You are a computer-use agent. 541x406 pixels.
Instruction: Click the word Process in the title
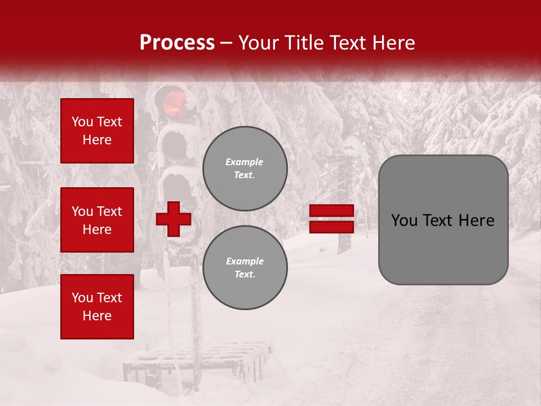pyautogui.click(x=177, y=43)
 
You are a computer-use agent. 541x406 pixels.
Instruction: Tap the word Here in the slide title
pyautogui.click(x=392, y=43)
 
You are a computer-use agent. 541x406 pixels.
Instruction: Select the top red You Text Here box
pyautogui.click(x=97, y=131)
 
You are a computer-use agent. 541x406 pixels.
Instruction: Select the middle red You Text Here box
pyautogui.click(x=97, y=220)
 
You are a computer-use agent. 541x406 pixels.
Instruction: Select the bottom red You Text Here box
pyautogui.click(x=97, y=306)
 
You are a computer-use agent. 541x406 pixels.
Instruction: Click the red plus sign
pyautogui.click(x=174, y=219)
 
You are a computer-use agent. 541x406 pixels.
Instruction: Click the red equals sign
pyautogui.click(x=331, y=219)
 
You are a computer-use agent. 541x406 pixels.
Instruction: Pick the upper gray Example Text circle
pyautogui.click(x=245, y=168)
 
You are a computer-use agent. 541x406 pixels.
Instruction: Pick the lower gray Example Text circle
pyautogui.click(x=245, y=267)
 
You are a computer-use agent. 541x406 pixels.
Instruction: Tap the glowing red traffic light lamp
pyautogui.click(x=175, y=102)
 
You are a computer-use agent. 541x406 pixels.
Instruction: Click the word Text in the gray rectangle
pyautogui.click(x=436, y=220)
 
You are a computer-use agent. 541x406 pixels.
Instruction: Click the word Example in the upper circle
pyautogui.click(x=245, y=162)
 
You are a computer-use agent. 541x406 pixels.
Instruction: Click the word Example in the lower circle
pyautogui.click(x=245, y=261)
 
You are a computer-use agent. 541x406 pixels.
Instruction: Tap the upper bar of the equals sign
pyautogui.click(x=331, y=211)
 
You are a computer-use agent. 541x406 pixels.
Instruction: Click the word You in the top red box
pyautogui.click(x=82, y=122)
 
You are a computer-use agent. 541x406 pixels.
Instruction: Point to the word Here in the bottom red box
pyautogui.click(x=97, y=316)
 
